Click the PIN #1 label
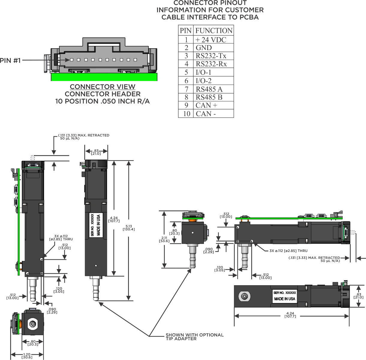pyautogui.click(x=10, y=60)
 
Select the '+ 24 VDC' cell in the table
pyautogui.click(x=211, y=40)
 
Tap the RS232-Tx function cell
pyautogui.click(x=211, y=56)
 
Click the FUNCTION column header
pyautogui.click(x=214, y=31)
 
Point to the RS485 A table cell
pyautogui.click(x=209, y=89)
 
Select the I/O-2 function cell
pyautogui.click(x=204, y=81)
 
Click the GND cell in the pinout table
pyautogui.click(x=204, y=48)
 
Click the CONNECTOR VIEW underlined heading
pyautogui.click(x=103, y=87)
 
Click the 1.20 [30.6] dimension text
pyautogui.click(x=27, y=356)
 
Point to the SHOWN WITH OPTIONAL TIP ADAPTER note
pyautogui.click(x=194, y=337)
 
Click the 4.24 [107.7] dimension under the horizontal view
pyautogui.click(x=290, y=315)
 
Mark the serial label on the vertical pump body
pyautogui.click(x=96, y=225)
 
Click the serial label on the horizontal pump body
pyautogui.click(x=285, y=296)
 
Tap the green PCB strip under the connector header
pyautogui.click(x=104, y=77)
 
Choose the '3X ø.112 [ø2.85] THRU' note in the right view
pyautogui.click(x=288, y=251)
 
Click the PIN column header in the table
pyautogui.click(x=186, y=31)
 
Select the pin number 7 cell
pyautogui.click(x=186, y=89)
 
